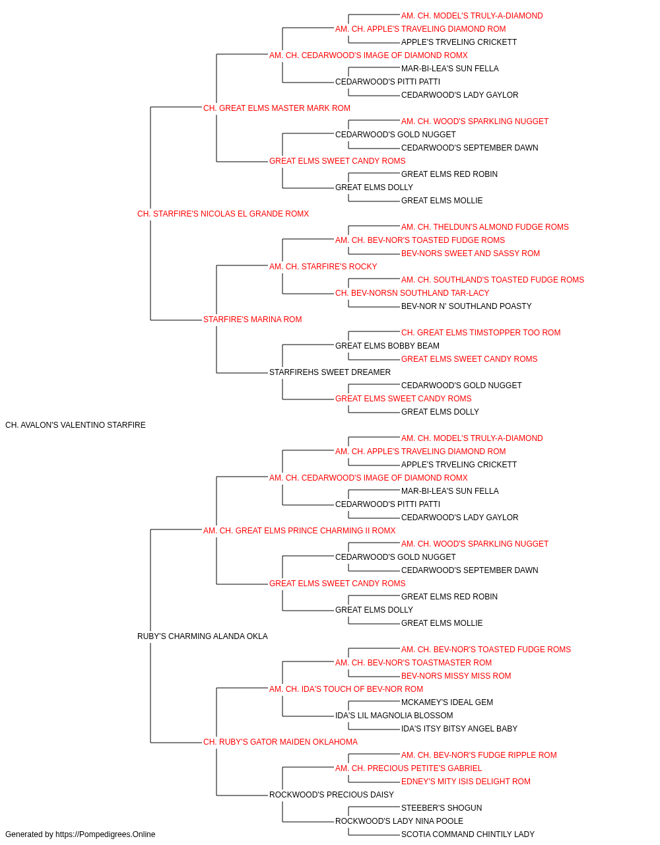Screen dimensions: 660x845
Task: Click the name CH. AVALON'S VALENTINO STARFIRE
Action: (75, 425)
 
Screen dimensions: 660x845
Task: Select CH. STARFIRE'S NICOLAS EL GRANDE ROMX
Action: (223, 214)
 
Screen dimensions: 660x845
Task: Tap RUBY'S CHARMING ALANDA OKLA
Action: (203, 636)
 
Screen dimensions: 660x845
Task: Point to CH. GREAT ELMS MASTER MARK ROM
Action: (277, 108)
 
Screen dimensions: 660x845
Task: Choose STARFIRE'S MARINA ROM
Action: (253, 320)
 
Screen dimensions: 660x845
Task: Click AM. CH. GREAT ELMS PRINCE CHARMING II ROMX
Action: (299, 530)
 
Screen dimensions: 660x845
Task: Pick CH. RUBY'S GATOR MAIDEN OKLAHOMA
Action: (280, 741)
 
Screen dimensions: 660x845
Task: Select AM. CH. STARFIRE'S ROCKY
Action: (323, 266)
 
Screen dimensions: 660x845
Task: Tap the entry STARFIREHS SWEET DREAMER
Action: (330, 372)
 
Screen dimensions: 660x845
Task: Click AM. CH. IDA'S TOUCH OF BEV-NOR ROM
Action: (346, 689)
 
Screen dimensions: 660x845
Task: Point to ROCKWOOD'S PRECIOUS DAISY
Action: (331, 794)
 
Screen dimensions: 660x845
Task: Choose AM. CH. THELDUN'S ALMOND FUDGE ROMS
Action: (484, 226)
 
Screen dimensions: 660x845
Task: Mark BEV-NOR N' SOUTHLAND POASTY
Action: (467, 306)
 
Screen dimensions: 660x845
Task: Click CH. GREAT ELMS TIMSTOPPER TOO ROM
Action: (481, 333)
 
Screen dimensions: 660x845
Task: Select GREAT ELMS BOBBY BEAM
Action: (387, 346)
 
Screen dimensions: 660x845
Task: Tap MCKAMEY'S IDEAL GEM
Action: (447, 702)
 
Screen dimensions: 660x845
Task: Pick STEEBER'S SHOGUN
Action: (442, 807)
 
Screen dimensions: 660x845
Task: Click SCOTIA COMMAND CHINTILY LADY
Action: (468, 834)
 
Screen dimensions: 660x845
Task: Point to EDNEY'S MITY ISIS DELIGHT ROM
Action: (466, 781)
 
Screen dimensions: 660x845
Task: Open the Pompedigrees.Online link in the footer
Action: (106, 834)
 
